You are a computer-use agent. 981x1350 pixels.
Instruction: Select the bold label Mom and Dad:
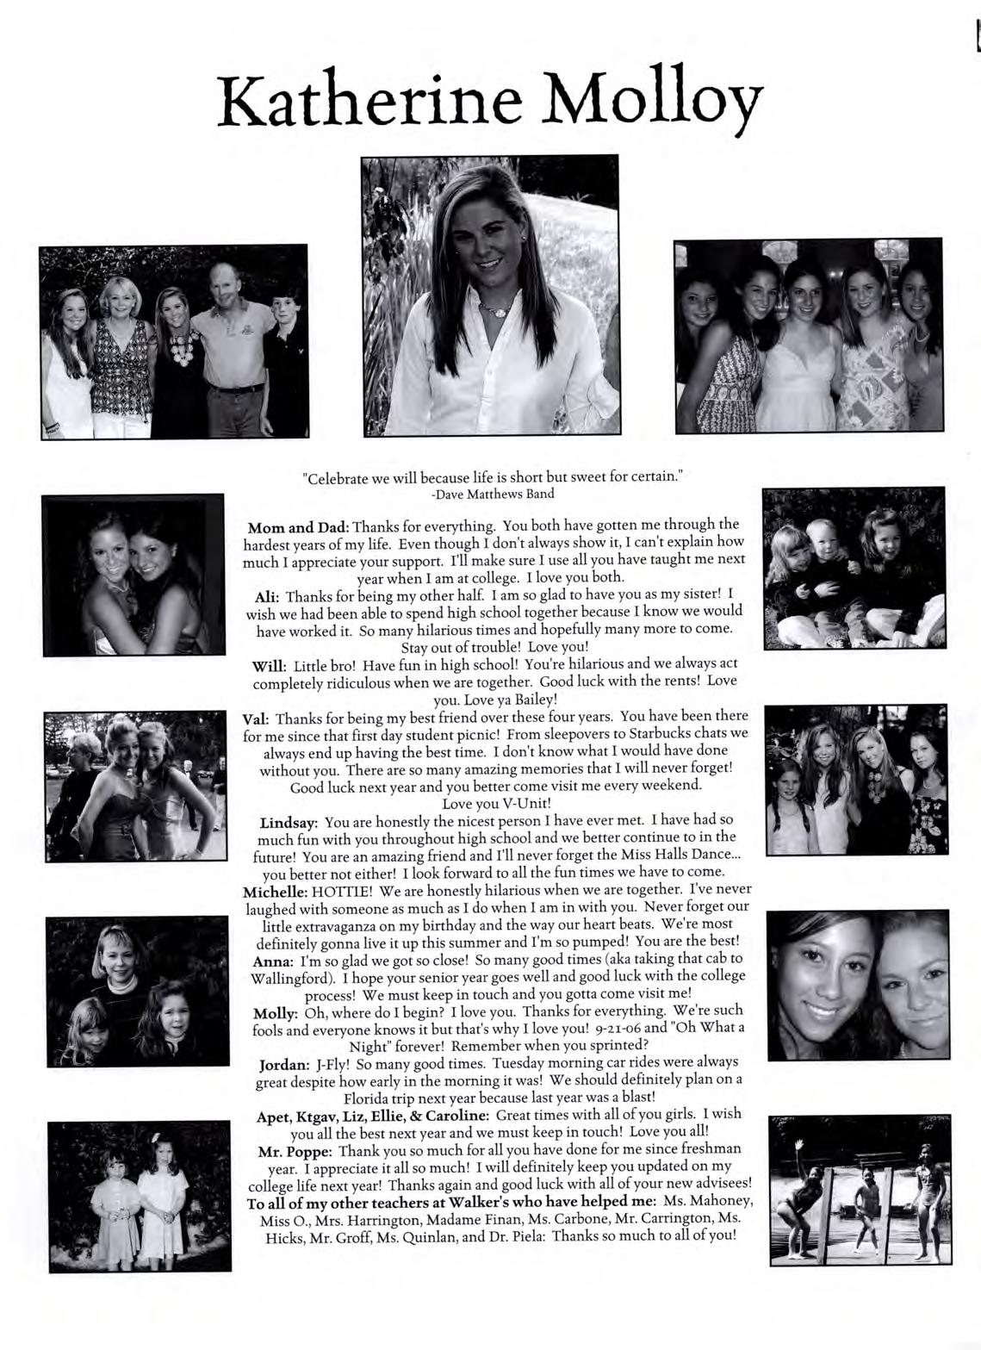pos(297,526)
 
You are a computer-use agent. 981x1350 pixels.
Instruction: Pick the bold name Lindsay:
pos(289,822)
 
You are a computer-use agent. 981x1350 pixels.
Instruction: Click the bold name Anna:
pos(271,960)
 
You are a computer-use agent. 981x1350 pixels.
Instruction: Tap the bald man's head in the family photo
pos(228,283)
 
